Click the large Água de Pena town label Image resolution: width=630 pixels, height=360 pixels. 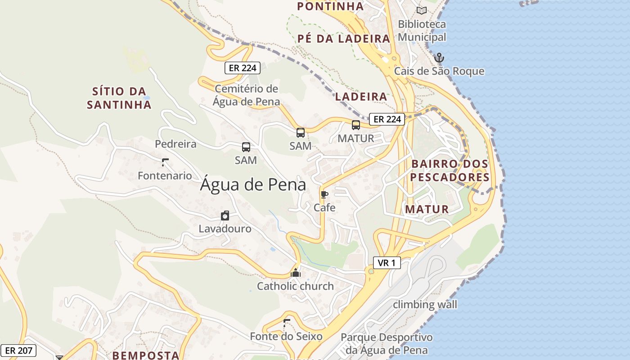pyautogui.click(x=253, y=184)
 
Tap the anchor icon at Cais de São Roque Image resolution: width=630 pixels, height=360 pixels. pyautogui.click(x=439, y=58)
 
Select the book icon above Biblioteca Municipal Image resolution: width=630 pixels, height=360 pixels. pyautogui.click(x=421, y=10)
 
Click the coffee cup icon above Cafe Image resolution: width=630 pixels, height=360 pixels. pyautogui.click(x=324, y=195)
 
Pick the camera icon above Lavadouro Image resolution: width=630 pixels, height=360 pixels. pyautogui.click(x=225, y=216)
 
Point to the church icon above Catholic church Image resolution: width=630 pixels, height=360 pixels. pyautogui.click(x=296, y=273)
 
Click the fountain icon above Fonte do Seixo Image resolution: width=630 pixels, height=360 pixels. pyautogui.click(x=286, y=323)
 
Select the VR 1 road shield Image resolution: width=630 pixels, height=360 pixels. pyautogui.click(x=387, y=263)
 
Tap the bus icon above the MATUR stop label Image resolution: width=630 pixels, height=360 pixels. pyautogui.click(x=355, y=125)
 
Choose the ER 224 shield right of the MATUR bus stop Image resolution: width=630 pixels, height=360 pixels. pyautogui.click(x=387, y=119)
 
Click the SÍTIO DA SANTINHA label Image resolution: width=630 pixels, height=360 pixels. pyautogui.click(x=119, y=98)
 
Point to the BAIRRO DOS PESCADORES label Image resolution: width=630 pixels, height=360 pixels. pyautogui.click(x=450, y=171)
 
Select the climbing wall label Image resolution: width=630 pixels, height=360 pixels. pyautogui.click(x=425, y=305)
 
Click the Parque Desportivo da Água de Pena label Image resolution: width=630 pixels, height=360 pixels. pyautogui.click(x=386, y=343)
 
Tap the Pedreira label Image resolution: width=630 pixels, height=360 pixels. pyautogui.click(x=175, y=144)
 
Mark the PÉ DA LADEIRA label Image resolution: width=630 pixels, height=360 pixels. pyautogui.click(x=344, y=39)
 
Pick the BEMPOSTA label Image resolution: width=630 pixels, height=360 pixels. pyautogui.click(x=146, y=355)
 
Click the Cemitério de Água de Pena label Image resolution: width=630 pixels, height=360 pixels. pyautogui.click(x=247, y=95)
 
